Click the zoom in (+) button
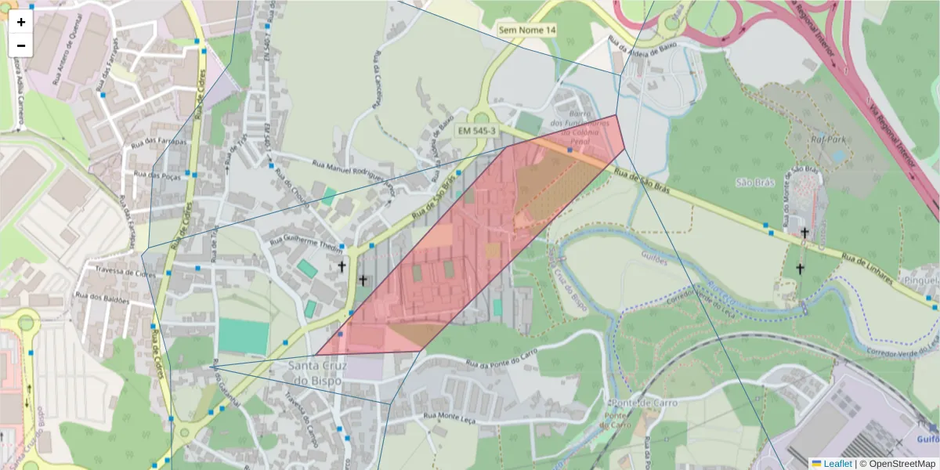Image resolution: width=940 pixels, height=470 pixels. click(x=21, y=22)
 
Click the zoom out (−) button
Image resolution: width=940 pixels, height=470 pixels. click(x=21, y=45)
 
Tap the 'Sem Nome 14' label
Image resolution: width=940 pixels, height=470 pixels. click(x=527, y=30)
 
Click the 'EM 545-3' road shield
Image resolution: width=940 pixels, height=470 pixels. click(x=477, y=131)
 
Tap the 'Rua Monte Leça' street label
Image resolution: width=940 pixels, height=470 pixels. click(x=451, y=417)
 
